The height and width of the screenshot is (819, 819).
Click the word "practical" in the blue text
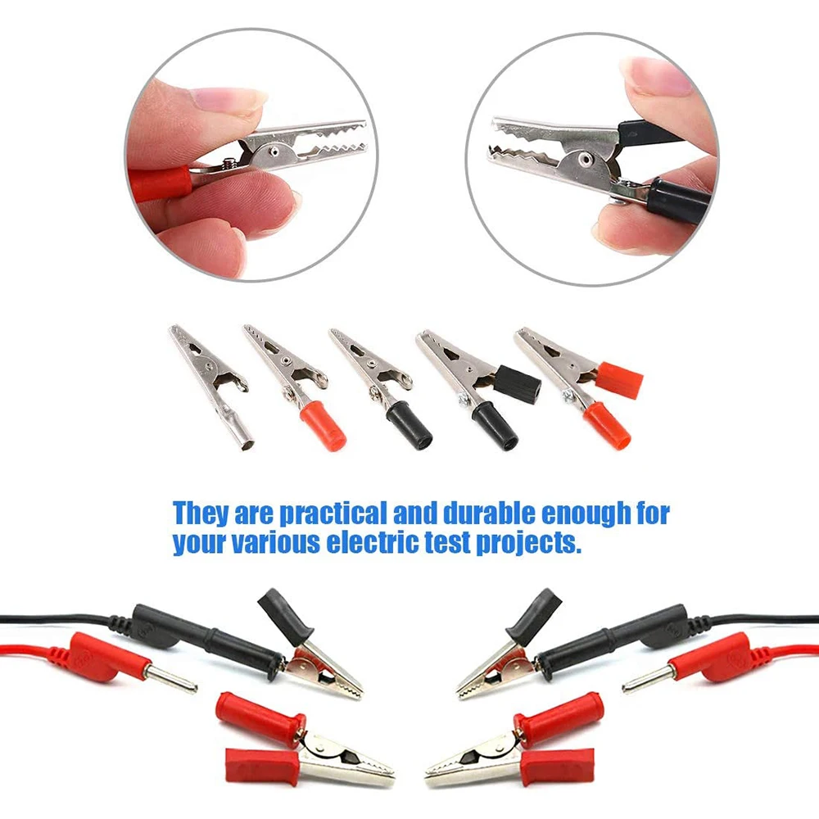coord(333,515)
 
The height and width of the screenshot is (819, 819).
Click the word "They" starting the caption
coord(200,514)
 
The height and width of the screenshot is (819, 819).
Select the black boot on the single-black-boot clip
coord(409,424)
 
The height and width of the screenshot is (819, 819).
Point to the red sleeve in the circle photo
coord(162,183)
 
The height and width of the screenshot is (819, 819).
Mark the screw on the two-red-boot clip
coord(568,396)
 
